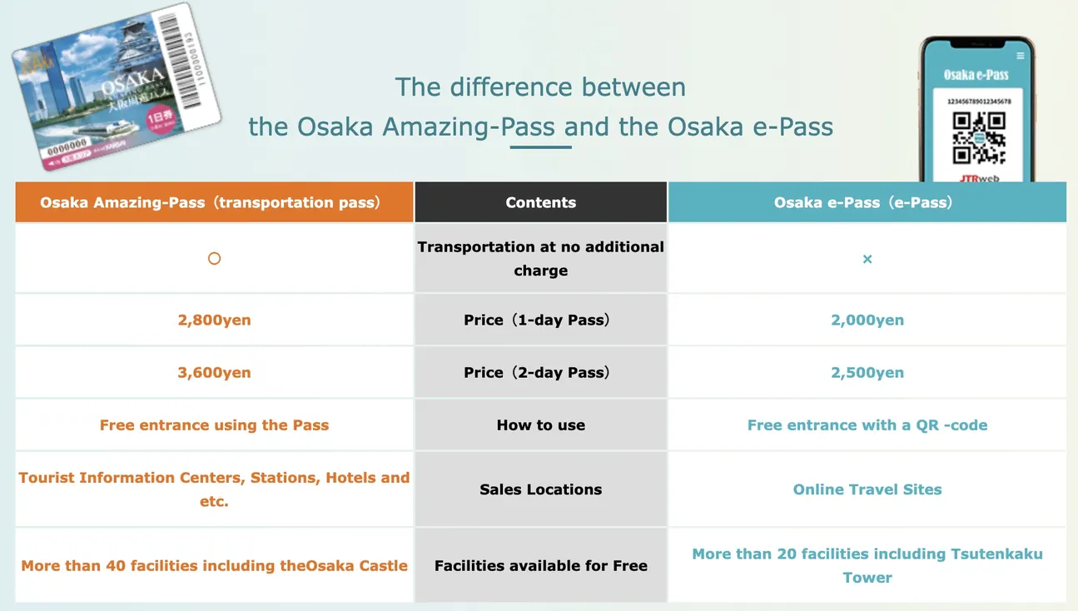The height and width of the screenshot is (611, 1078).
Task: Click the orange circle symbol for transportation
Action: point(214,259)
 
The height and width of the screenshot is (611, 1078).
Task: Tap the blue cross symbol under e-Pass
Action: point(867,260)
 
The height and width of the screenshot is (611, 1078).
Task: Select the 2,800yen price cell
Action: point(214,320)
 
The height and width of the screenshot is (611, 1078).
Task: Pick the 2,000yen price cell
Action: point(867,320)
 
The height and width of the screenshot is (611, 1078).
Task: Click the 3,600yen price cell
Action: point(214,373)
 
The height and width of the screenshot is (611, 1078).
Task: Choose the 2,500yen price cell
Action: point(867,373)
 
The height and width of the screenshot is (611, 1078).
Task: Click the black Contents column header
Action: point(541,202)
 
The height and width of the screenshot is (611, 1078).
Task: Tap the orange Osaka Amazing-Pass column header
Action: point(214,202)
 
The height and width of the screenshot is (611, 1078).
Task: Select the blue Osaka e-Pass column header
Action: point(867,202)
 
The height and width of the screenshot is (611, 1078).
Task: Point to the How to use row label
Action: point(541,425)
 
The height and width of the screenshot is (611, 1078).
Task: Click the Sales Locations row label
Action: point(541,489)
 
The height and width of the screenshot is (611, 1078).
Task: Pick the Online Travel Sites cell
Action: point(867,489)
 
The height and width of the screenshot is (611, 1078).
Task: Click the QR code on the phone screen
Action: point(979,137)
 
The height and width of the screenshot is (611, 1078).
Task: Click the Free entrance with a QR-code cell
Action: point(867,425)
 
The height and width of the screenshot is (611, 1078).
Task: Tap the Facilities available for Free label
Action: point(541,566)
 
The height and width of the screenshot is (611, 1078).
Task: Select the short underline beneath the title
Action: point(540,147)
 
